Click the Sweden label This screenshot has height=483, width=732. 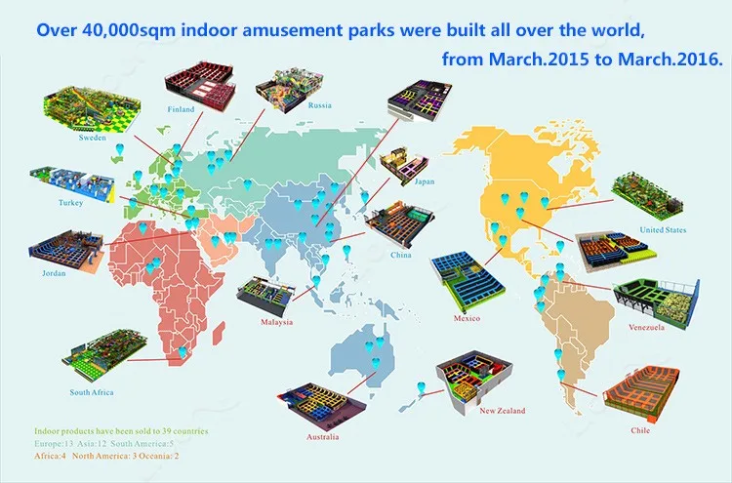point(93,138)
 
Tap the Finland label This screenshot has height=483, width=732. point(181,109)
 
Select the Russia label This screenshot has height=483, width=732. point(320,105)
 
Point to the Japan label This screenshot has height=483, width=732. point(425,181)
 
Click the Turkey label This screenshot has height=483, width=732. point(71,203)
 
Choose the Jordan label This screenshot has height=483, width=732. point(54,273)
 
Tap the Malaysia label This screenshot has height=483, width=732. point(277,322)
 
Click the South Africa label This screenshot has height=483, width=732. point(92,392)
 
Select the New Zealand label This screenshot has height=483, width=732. point(503,411)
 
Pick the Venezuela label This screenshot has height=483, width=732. point(646,327)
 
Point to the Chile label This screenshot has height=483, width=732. point(640,430)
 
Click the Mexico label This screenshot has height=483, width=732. point(467,318)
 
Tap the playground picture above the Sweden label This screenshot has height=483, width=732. point(92,108)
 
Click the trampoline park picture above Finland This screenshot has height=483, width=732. point(200,85)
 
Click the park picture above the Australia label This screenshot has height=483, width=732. point(322,406)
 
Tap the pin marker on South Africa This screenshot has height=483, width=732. point(183,352)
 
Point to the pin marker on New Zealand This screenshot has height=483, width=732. point(421,387)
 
